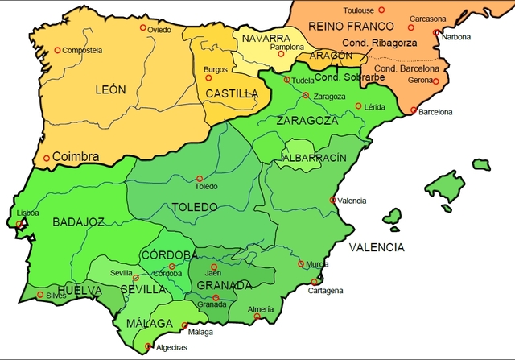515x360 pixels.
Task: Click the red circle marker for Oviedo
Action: point(144,27)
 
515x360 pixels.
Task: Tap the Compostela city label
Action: point(80,50)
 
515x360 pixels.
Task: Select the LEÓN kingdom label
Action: point(109,89)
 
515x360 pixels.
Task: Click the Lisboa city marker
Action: point(21,226)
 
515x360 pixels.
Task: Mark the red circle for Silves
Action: point(41,295)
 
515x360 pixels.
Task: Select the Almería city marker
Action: point(257,317)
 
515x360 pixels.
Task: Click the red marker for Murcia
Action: point(302,263)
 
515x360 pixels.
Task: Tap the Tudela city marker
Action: point(287,80)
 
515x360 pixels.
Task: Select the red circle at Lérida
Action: point(358,106)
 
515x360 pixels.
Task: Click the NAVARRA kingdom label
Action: point(266,38)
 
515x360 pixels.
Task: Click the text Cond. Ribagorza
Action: point(378,43)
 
